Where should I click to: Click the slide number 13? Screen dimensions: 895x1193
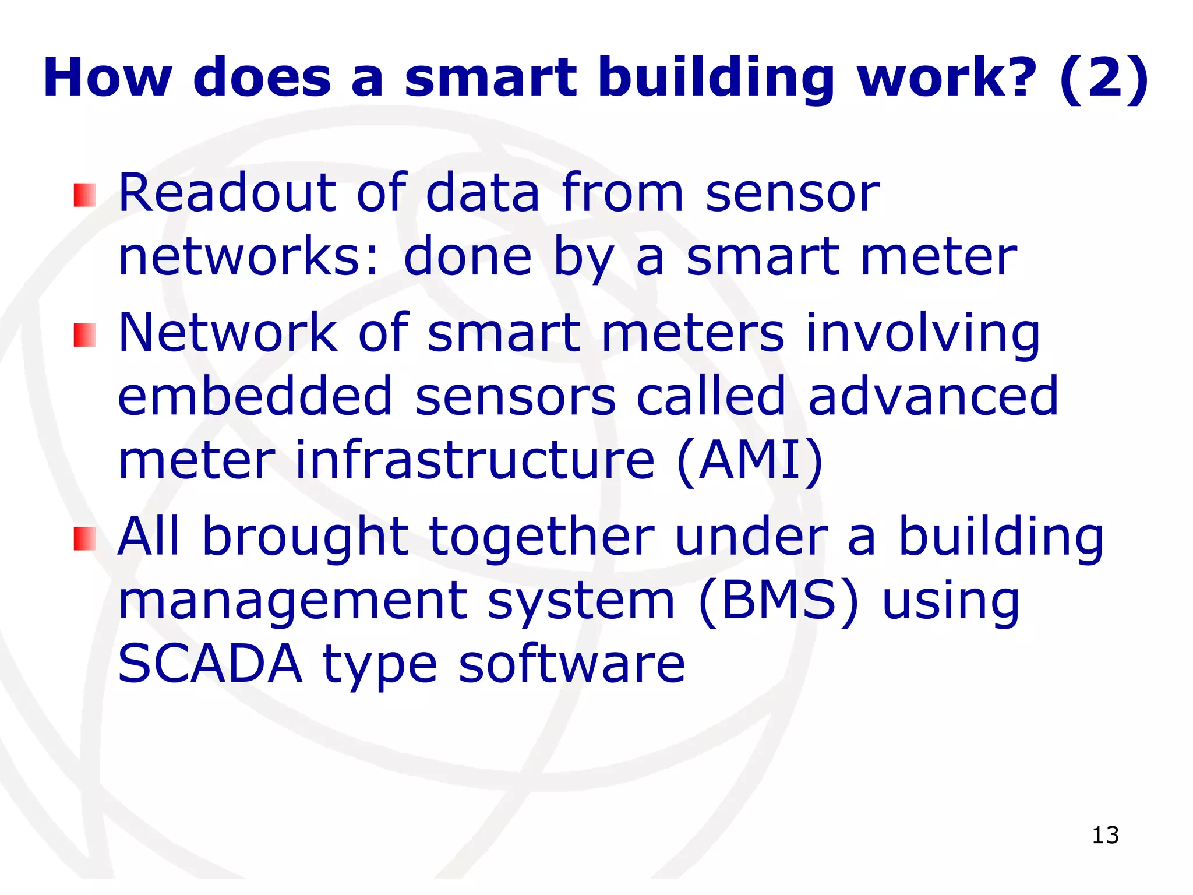[x=1104, y=835]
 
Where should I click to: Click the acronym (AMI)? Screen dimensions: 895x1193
[x=750, y=461]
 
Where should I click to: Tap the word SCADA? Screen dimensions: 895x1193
[x=210, y=664]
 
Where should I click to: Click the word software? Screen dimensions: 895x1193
[x=571, y=664]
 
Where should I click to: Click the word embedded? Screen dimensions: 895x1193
[x=255, y=397]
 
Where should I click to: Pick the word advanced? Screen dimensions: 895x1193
[x=933, y=397]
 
